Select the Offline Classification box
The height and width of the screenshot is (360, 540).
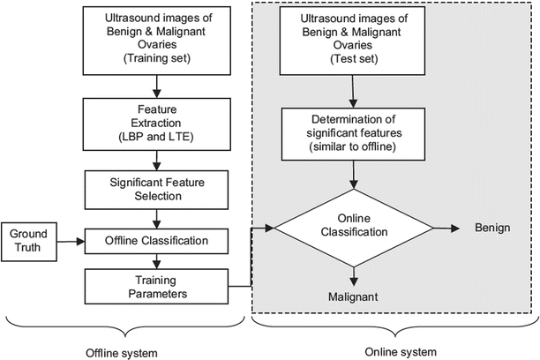[157, 240]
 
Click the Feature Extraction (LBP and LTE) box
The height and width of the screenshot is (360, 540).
[157, 124]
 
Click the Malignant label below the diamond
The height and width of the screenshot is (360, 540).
[354, 298]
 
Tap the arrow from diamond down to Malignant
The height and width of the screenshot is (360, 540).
[354, 275]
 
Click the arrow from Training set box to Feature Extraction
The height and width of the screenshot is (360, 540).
[157, 85]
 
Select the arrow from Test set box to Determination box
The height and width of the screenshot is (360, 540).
[354, 91]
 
